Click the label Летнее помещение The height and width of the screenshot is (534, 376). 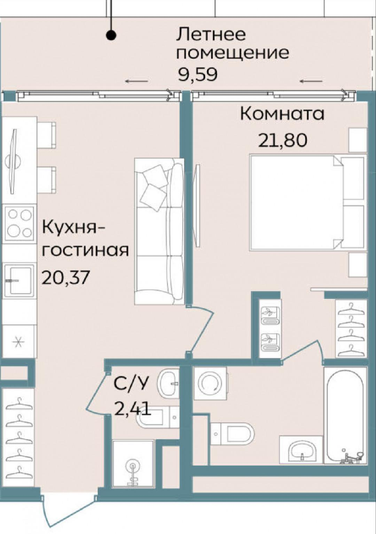coord(233,44)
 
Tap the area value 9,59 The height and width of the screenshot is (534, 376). coord(197,74)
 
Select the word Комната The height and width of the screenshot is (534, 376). coord(282,114)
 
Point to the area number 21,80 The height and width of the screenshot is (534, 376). coord(283,140)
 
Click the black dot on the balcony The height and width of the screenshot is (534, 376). coord(111,35)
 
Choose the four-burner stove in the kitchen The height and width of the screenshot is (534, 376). coord(19,223)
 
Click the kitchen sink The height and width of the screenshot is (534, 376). coord(19,280)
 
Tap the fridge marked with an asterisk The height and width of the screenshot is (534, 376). coord(19,342)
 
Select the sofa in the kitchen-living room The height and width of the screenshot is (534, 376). coord(159,231)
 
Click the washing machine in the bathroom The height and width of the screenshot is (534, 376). coord(210,383)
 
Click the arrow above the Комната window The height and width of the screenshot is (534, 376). coord(311,81)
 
